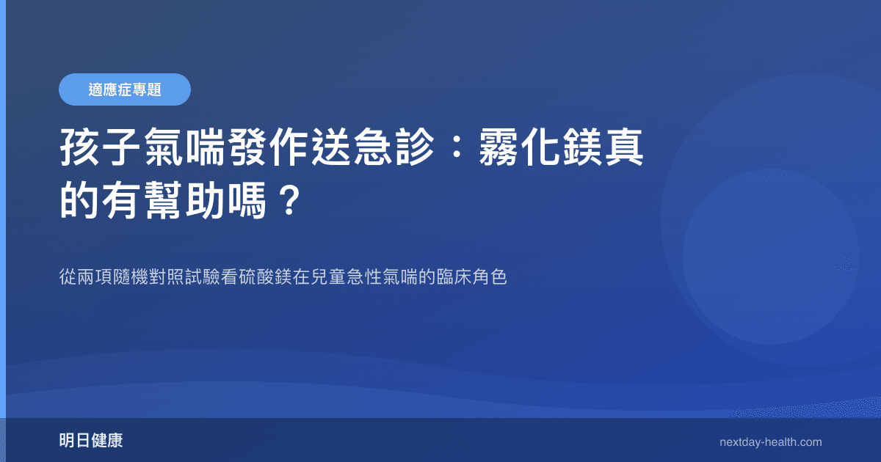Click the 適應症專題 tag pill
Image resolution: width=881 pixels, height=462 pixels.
coord(125,89)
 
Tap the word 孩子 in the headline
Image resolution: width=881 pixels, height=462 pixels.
coord(99,150)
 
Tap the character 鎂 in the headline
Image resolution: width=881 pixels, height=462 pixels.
coord(587,150)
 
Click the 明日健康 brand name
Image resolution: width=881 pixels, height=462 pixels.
coord(91,441)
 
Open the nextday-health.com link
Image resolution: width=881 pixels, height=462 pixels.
coord(771,442)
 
